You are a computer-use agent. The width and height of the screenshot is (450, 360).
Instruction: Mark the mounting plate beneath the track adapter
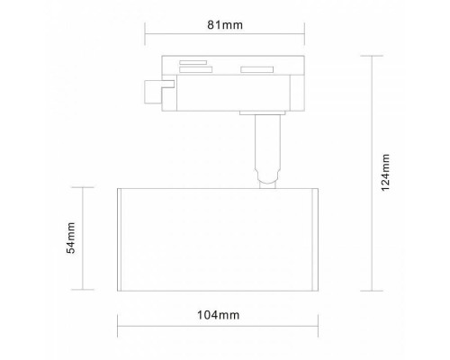(x=264, y=113)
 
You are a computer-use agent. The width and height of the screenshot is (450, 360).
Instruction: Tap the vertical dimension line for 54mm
(x=84, y=238)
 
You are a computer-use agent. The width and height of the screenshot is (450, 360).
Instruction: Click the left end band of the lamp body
(x=122, y=238)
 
